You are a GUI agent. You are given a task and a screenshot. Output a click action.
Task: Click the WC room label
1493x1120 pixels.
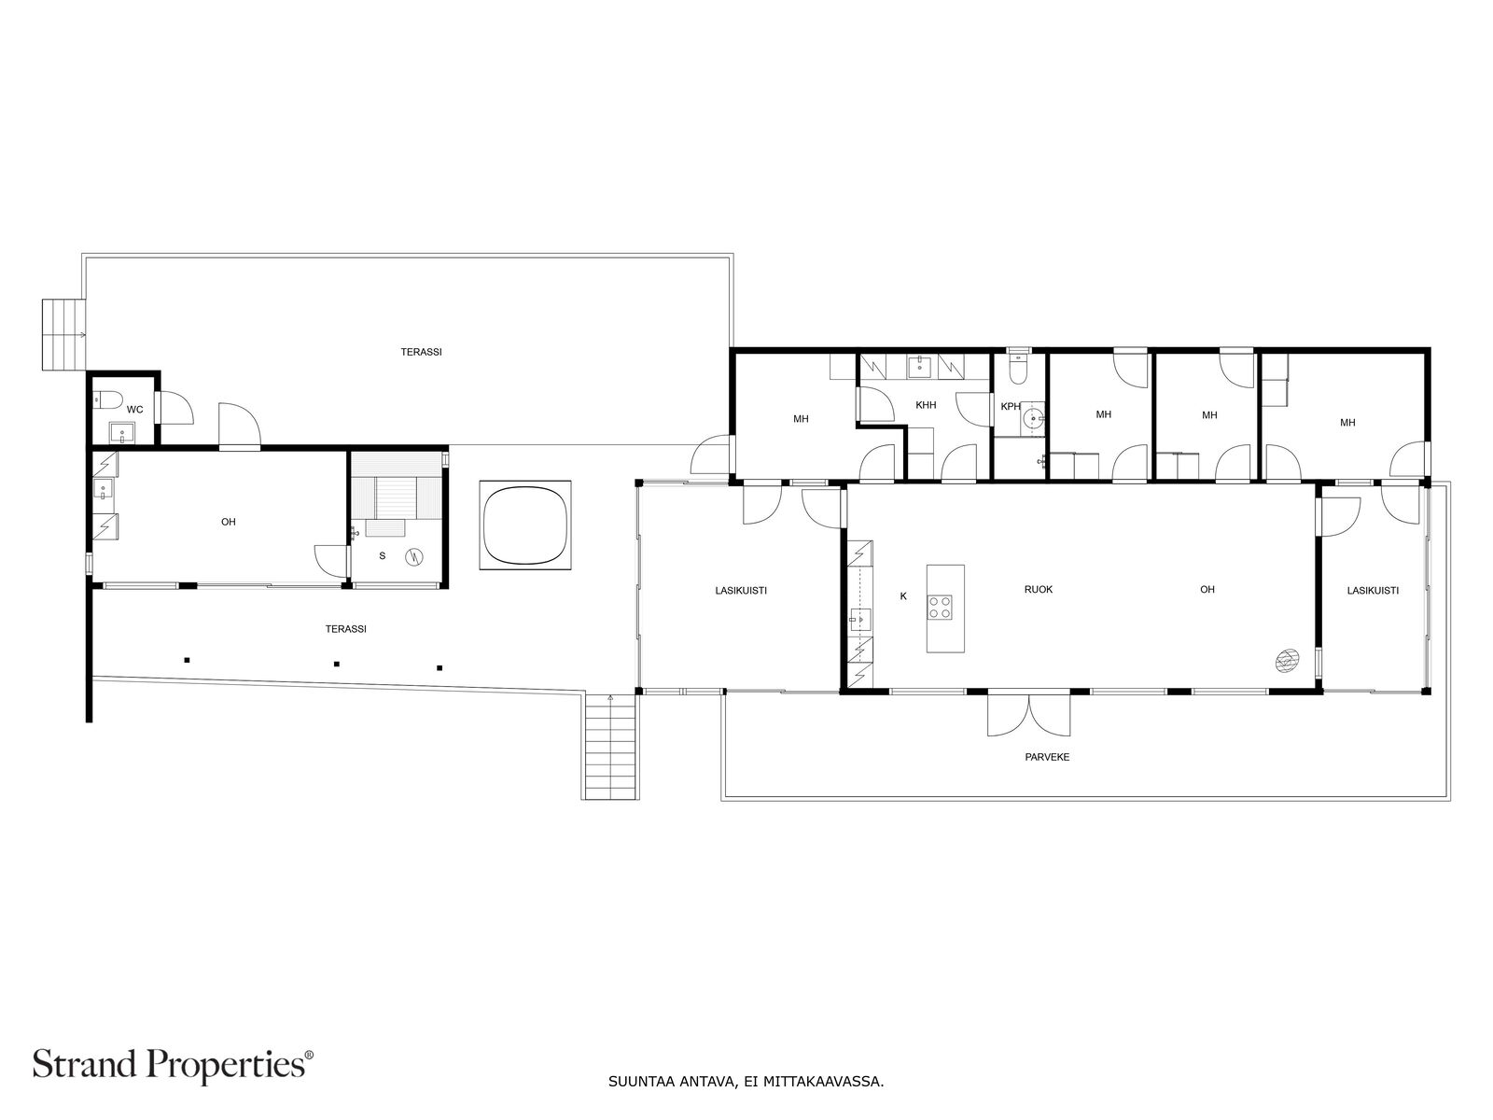(x=134, y=409)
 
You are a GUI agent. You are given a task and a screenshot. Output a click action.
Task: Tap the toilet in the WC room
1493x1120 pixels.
(x=109, y=400)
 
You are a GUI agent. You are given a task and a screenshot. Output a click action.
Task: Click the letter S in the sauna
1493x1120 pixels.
(x=382, y=555)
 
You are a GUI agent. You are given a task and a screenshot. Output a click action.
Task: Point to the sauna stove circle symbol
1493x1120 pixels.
(x=414, y=557)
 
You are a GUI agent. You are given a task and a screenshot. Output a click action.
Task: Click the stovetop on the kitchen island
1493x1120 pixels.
(x=940, y=609)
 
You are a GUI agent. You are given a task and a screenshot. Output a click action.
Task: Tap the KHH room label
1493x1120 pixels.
(x=926, y=405)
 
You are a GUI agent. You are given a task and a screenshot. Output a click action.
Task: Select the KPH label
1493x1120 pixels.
(x=1011, y=407)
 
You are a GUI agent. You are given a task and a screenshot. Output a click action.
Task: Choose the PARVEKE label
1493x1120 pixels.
(x=1047, y=757)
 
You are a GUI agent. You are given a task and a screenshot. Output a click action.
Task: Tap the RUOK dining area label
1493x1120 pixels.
(x=1038, y=589)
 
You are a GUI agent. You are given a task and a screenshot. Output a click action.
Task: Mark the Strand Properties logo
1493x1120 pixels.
(x=174, y=1063)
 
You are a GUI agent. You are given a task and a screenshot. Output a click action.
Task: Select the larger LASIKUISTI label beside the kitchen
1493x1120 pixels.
(x=741, y=590)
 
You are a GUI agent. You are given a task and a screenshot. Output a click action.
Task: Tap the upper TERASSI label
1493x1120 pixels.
(x=421, y=352)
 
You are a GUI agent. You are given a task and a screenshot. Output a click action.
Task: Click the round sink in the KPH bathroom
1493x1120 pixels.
(x=1032, y=416)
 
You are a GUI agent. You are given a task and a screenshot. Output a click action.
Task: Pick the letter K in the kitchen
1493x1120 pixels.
(x=902, y=595)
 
